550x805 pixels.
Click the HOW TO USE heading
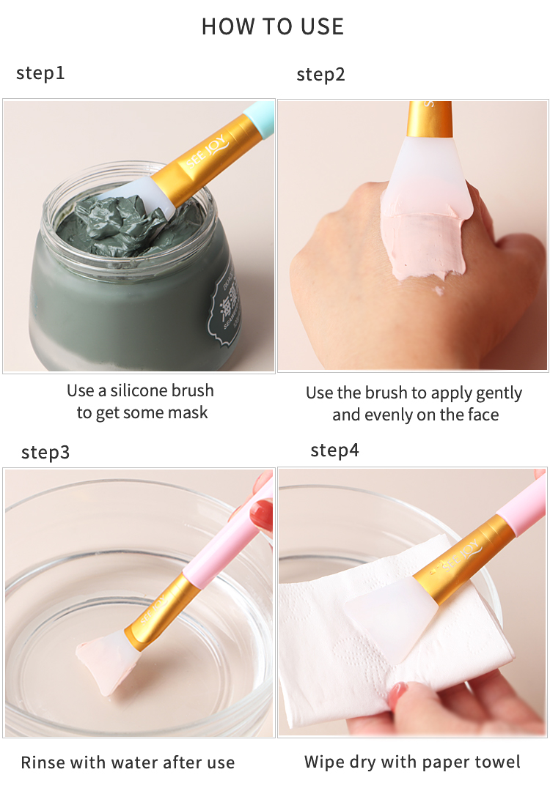pos(273,27)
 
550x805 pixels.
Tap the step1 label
pos(40,73)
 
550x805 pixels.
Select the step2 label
pos(320,75)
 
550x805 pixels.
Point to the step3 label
pos(45,453)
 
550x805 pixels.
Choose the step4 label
pos(334,450)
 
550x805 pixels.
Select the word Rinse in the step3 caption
pos(43,763)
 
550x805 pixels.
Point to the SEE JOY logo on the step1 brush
pos(208,149)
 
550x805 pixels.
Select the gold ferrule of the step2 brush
pos(430,119)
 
